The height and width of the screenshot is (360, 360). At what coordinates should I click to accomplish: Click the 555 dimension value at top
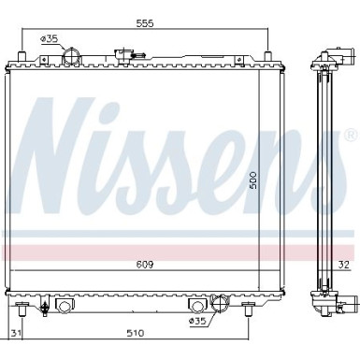tap(145, 23)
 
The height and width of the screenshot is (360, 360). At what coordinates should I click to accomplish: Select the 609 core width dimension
tap(145, 265)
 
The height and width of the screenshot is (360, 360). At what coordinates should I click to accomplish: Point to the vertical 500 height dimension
tap(253, 180)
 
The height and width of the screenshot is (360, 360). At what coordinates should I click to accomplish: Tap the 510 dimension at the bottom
tap(136, 333)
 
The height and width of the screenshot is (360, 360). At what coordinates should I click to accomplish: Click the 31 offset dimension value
tap(16, 333)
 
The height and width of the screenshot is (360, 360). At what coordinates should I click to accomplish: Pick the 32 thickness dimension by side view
tap(344, 265)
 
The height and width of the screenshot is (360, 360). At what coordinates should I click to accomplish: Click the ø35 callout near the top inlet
tap(49, 39)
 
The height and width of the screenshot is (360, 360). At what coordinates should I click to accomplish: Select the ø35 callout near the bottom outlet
tap(198, 321)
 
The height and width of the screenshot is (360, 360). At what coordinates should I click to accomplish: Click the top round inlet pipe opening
tap(72, 57)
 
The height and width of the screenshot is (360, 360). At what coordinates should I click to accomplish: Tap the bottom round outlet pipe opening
tap(220, 303)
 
